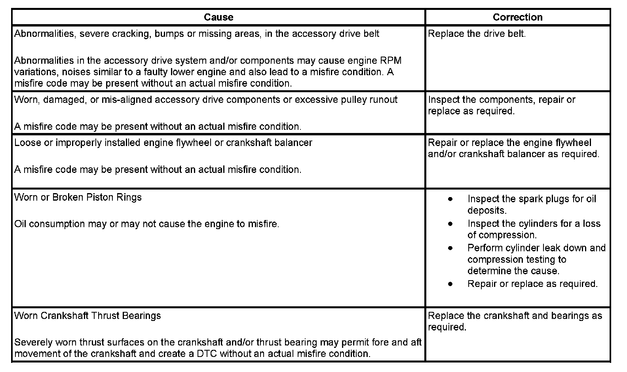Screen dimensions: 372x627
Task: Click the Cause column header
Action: point(218,17)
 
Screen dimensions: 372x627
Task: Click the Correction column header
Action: point(517,17)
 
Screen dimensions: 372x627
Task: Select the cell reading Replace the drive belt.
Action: point(477,34)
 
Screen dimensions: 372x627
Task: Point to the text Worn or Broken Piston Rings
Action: point(78,197)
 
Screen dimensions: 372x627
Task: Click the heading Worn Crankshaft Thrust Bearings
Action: point(87,316)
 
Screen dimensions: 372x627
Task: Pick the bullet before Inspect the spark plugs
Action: point(450,199)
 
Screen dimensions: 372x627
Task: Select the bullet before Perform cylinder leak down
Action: point(450,248)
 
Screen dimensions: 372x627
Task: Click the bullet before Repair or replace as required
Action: point(450,284)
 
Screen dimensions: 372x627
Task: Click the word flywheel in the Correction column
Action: point(574,143)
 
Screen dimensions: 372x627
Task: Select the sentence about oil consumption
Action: point(147,224)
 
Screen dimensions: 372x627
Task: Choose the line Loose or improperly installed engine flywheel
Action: point(163,143)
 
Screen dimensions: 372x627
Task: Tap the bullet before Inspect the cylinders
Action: point(450,224)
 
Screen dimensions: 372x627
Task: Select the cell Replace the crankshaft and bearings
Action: point(515,321)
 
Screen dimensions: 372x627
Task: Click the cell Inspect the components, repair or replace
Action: point(502,105)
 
